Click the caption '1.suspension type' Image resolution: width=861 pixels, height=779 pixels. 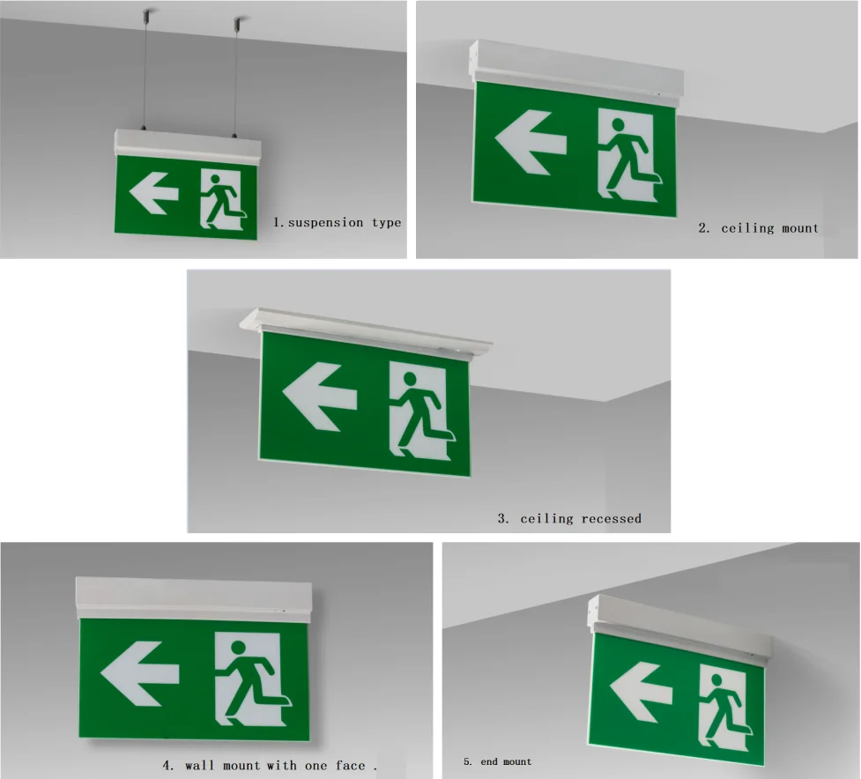(337, 223)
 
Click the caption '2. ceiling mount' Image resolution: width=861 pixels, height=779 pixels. (758, 228)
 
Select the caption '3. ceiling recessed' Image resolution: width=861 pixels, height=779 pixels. (569, 518)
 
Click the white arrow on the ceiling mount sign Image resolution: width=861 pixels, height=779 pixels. (531, 142)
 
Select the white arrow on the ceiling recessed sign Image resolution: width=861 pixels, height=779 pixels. (318, 397)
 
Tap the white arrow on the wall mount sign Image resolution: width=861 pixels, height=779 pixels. (140, 673)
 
